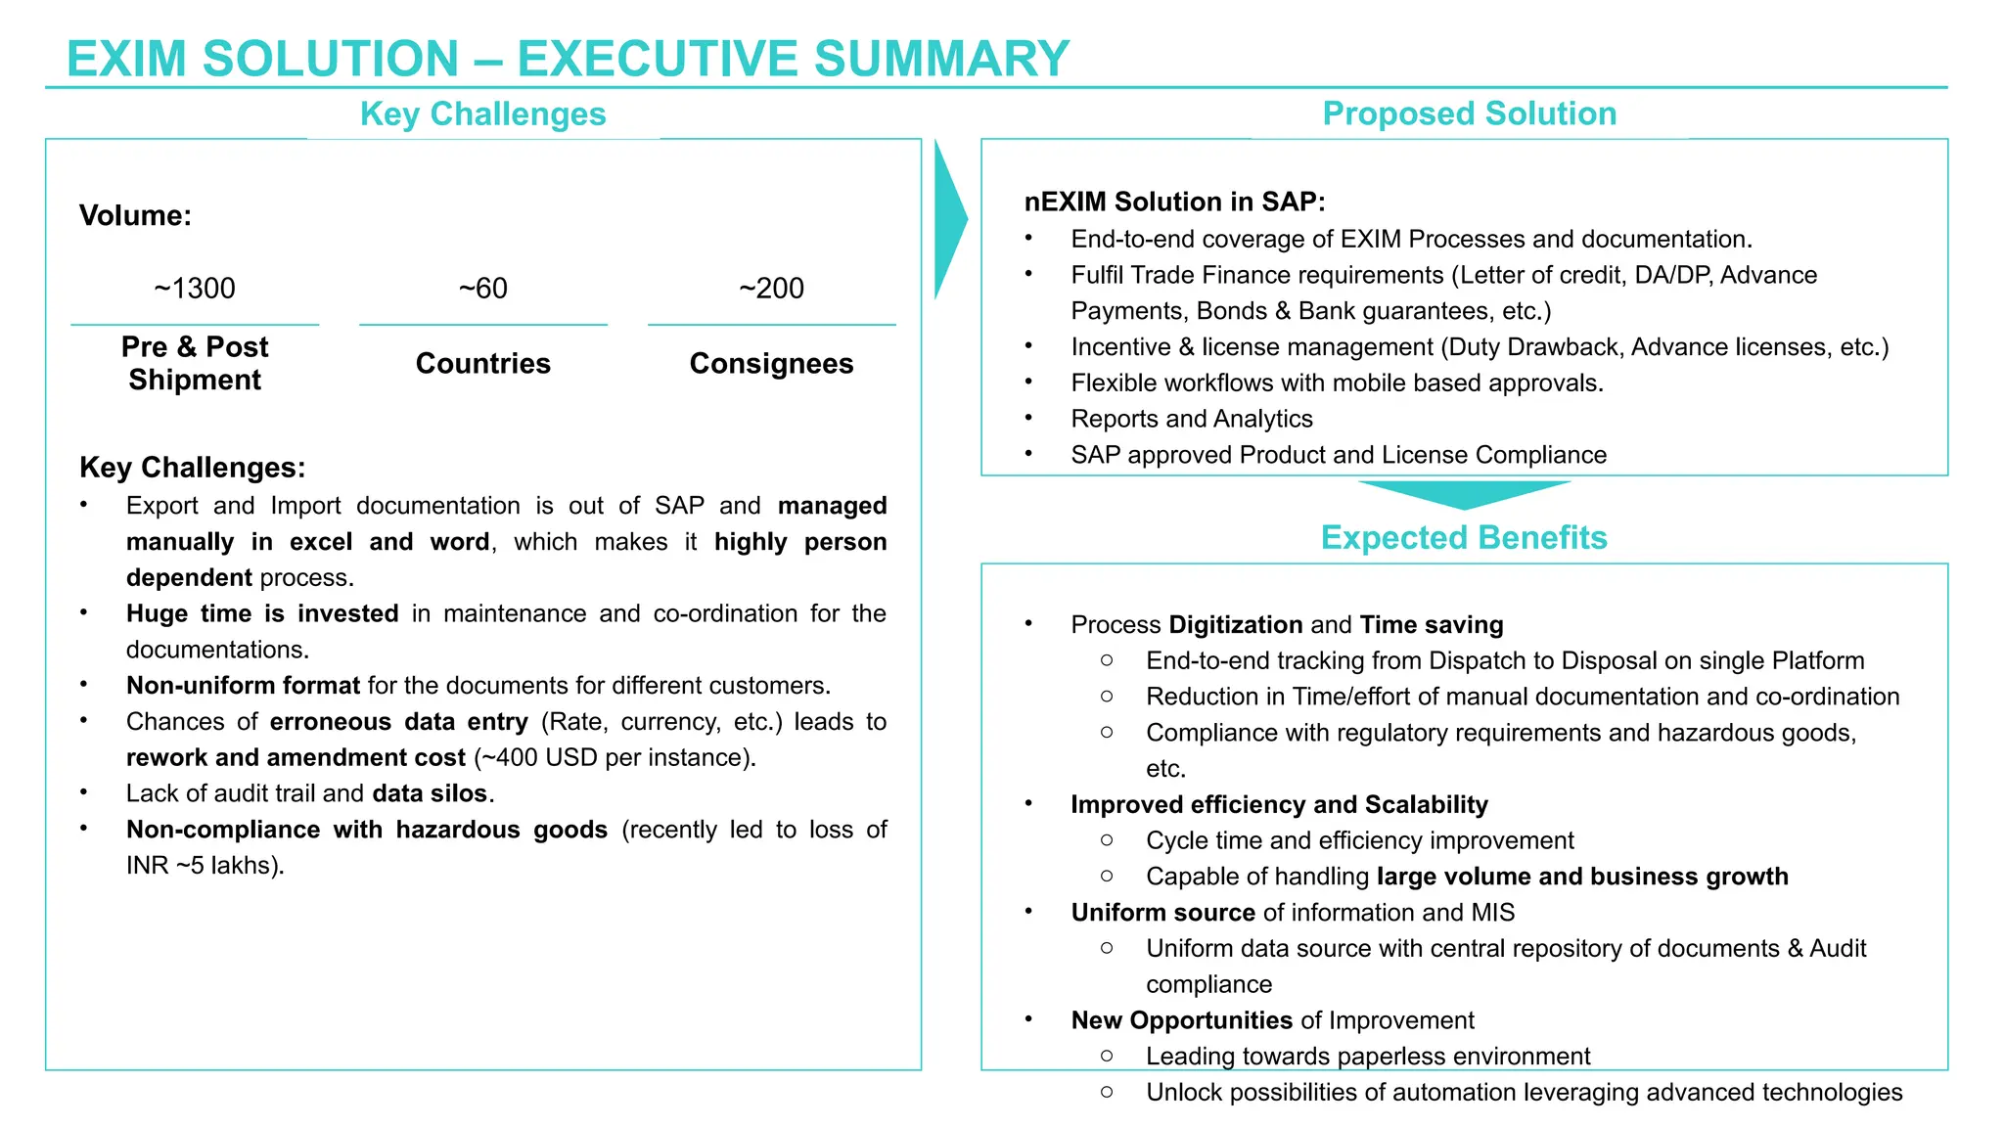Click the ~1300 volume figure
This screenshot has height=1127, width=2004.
tap(195, 289)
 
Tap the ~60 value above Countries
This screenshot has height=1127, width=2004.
tap(482, 289)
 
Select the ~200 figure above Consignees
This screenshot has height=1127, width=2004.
tap(771, 289)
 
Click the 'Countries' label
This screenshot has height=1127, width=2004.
tap(482, 364)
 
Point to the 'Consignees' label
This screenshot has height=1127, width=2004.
tap(771, 364)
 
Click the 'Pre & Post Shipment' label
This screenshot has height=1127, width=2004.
tap(195, 363)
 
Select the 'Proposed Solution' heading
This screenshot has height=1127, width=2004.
tap(1469, 113)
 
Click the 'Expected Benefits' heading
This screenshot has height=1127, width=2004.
tap(1464, 537)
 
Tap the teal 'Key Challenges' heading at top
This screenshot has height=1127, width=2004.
tap(482, 114)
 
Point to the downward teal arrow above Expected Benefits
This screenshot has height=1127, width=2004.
tap(1464, 493)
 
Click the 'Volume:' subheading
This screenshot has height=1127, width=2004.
tap(135, 215)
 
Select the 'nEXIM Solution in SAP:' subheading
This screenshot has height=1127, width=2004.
tap(1174, 202)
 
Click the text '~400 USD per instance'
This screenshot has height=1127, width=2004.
tap(615, 758)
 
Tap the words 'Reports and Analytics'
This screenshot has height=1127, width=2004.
tap(1191, 419)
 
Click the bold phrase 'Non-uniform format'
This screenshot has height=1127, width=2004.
tap(243, 686)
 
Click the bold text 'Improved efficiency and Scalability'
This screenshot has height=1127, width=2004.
tap(1279, 804)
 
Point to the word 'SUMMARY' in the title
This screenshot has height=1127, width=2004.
tap(941, 59)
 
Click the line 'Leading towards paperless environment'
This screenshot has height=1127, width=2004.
tap(1367, 1057)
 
